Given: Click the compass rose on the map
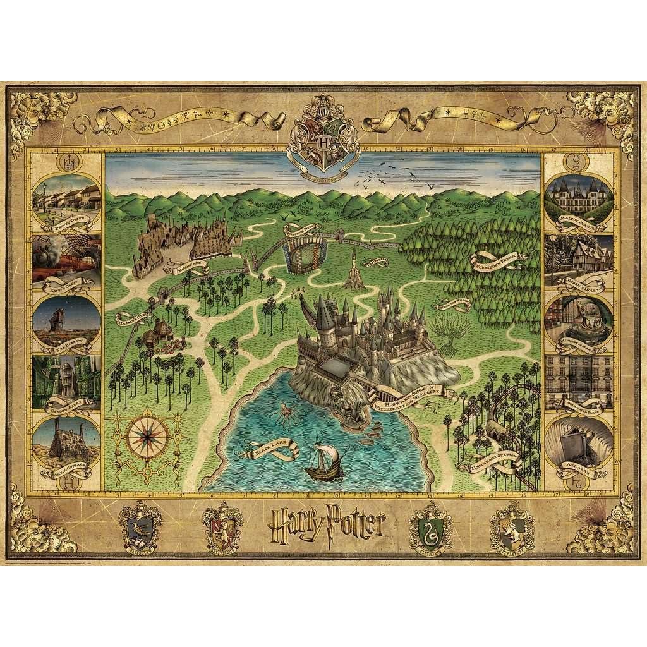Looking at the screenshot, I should click(x=147, y=435).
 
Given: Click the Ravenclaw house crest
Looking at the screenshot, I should click(x=140, y=526).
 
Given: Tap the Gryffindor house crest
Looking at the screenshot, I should click(x=222, y=526).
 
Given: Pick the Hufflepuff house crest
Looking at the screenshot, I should click(x=512, y=526).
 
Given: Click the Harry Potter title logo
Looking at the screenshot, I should click(x=327, y=523).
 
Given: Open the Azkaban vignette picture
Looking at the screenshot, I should click(x=578, y=441).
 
